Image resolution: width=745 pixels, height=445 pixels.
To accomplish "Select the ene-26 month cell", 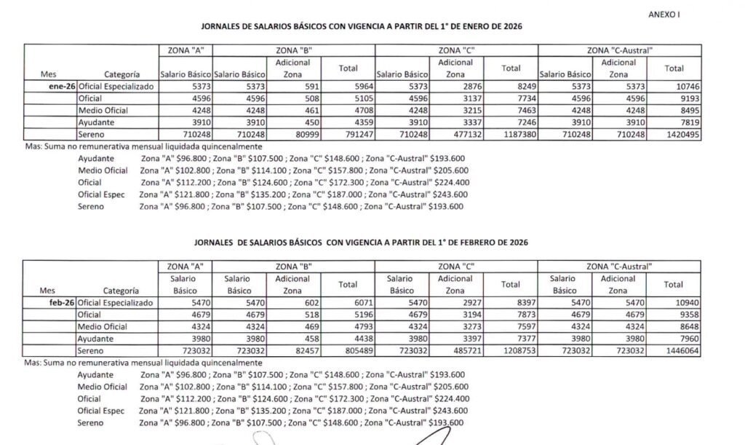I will coord(61,86).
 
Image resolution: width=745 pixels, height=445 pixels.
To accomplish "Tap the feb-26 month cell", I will coord(61,302).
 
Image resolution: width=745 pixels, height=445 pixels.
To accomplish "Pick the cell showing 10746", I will coord(672,86).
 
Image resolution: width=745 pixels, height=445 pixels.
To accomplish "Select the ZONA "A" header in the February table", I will coord(186,267).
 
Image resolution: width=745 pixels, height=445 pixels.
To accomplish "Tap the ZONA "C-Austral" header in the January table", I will coord(619,50).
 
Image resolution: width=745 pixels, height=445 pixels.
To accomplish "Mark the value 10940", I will coord(672,302).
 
